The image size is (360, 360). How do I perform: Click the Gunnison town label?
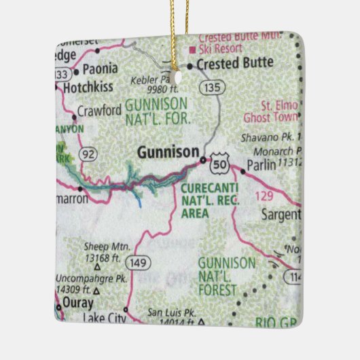pyautogui.click(x=168, y=152)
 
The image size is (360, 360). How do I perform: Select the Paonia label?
pyautogui.click(x=100, y=68)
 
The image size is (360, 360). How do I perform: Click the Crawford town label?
pyautogui.click(x=99, y=109)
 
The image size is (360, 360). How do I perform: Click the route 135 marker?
pyautogui.click(x=212, y=87)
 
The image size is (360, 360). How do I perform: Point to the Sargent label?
pyautogui.click(x=281, y=215)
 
